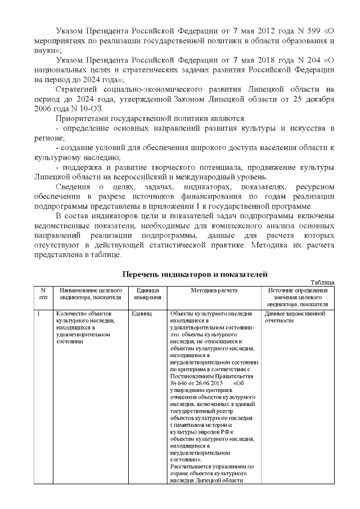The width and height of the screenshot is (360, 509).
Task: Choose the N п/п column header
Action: tap(43, 293)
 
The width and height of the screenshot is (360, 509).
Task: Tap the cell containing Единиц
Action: tap(141, 313)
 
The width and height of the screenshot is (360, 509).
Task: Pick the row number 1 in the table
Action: tap(38, 313)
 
